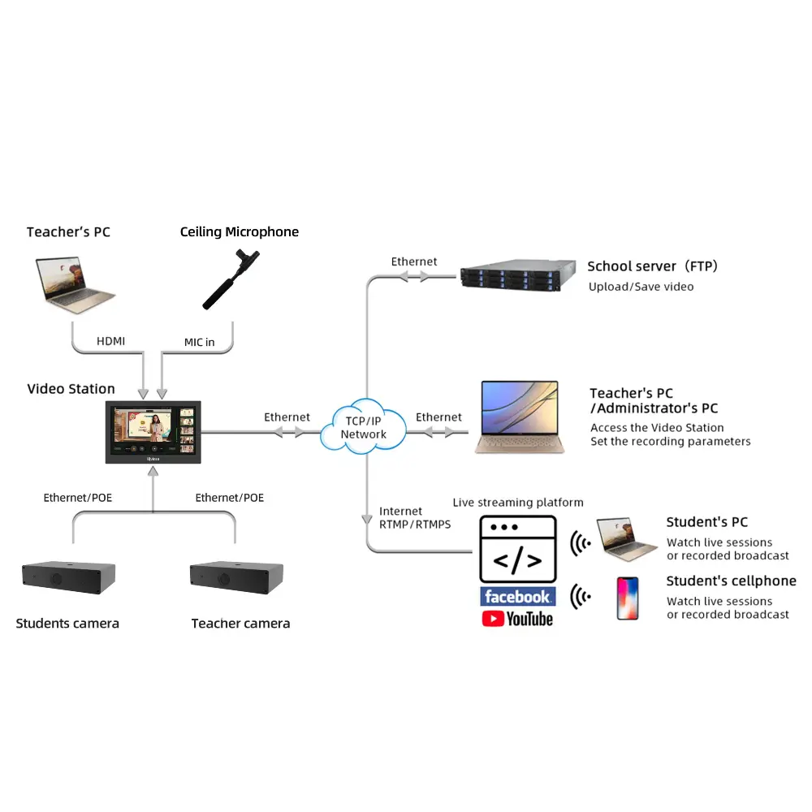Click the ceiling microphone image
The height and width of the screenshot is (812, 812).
click(x=231, y=279)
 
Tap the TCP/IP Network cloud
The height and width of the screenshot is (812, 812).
click(x=364, y=427)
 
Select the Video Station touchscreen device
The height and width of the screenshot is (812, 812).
click(x=153, y=432)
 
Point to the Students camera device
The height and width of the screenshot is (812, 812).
click(x=68, y=577)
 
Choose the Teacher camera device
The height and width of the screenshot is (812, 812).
click(x=236, y=577)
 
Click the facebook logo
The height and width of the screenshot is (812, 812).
click(x=518, y=597)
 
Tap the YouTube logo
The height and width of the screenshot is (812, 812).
click(x=517, y=619)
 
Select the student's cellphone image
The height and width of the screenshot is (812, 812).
click(x=628, y=598)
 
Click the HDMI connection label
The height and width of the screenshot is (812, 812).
click(x=110, y=341)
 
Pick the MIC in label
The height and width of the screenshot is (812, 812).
click(x=200, y=343)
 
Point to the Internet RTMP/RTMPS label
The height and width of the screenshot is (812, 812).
click(x=415, y=518)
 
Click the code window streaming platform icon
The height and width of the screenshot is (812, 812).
click(x=518, y=549)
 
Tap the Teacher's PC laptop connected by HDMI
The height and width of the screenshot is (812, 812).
click(x=74, y=284)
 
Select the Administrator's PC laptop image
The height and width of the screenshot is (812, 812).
click(x=520, y=417)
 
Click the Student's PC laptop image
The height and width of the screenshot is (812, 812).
click(x=626, y=539)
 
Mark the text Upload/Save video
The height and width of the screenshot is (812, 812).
click(x=641, y=287)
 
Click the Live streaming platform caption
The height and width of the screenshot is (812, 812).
click(x=518, y=503)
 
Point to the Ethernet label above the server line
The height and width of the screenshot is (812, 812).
click(x=414, y=261)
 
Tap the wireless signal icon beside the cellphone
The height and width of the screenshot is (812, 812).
click(x=580, y=597)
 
